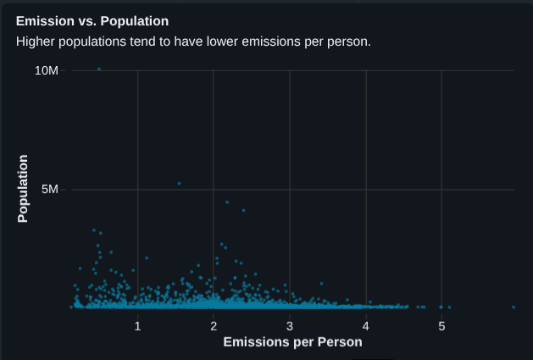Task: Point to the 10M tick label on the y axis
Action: pyautogui.click(x=47, y=70)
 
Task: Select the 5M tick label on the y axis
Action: pyautogui.click(x=50, y=189)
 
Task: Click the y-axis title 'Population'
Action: pyautogui.click(x=23, y=189)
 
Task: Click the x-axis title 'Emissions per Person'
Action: pyautogui.click(x=292, y=342)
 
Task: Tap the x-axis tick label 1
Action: pyautogui.click(x=138, y=325)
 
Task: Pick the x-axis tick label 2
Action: pyautogui.click(x=214, y=325)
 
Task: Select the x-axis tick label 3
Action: pyautogui.click(x=290, y=325)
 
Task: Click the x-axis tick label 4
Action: pyautogui.click(x=365, y=325)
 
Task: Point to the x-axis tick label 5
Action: pyautogui.click(x=441, y=325)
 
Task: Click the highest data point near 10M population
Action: pyautogui.click(x=99, y=69)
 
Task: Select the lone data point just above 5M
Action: pyautogui.click(x=179, y=183)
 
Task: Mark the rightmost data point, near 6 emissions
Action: pyautogui.click(x=514, y=307)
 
